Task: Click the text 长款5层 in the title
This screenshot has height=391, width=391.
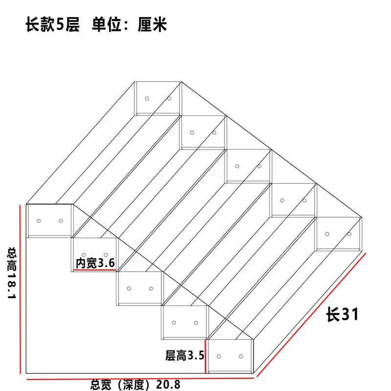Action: (53, 24)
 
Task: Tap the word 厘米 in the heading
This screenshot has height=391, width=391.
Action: (152, 24)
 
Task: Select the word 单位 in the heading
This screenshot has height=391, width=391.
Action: (107, 24)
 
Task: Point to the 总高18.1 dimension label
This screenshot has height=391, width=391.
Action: (11, 273)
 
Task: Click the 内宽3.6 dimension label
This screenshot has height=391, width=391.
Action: (95, 263)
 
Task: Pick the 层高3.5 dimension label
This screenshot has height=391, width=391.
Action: (185, 355)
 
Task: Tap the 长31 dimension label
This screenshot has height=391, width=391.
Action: (343, 314)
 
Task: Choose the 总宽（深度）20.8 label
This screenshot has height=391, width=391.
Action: (135, 385)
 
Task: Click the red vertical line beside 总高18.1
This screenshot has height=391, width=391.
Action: (20, 289)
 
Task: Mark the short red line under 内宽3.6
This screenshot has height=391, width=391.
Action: (95, 270)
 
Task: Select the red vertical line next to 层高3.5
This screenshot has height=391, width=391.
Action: (205, 356)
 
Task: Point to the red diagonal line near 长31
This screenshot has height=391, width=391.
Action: (311, 315)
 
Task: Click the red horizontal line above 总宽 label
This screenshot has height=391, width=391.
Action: (140, 379)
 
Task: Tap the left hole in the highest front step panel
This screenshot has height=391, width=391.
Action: (39, 221)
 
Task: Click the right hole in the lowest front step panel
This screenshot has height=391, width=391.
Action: (241, 356)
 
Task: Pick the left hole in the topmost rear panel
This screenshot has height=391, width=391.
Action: (147, 99)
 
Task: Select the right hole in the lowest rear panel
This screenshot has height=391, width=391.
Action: (349, 234)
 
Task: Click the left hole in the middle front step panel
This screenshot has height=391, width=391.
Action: (129, 288)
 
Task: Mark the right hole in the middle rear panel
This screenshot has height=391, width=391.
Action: (260, 166)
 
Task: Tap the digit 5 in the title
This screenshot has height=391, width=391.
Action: (60, 24)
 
